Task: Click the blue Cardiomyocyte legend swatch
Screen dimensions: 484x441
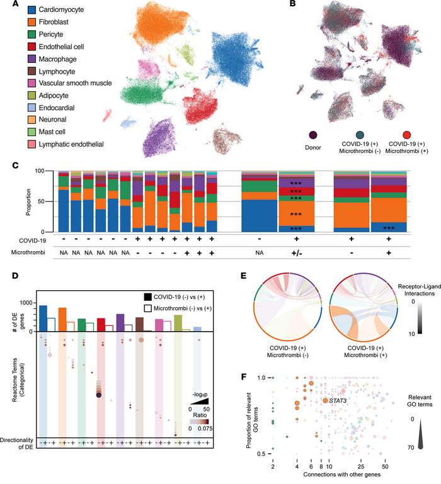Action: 13,11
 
